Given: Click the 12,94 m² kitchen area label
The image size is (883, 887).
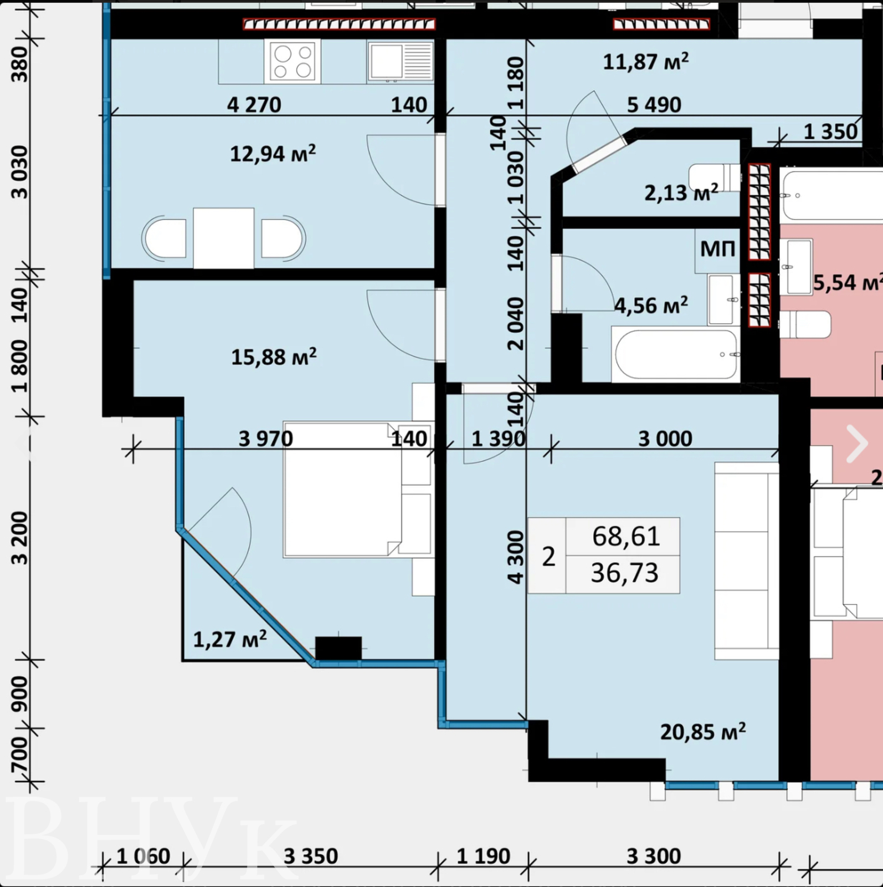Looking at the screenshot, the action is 273,154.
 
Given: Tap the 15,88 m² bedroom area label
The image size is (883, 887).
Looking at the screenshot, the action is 274,357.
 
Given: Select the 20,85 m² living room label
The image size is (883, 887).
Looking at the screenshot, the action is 703,732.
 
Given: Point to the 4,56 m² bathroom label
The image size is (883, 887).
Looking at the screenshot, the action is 651,305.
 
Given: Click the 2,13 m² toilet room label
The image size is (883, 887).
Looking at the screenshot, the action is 681,192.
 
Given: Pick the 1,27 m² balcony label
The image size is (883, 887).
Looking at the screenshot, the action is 230,639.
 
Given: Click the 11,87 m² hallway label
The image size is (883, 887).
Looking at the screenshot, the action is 646,62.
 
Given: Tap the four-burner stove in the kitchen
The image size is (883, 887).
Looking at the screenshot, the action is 292,62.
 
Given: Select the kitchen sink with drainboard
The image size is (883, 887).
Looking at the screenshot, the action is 400,62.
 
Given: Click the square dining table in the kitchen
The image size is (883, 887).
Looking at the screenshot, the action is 224,238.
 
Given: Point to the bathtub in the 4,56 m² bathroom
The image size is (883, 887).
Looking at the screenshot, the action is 676,354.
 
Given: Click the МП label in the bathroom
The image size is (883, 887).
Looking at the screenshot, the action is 717,249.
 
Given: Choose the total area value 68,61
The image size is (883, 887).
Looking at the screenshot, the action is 626,536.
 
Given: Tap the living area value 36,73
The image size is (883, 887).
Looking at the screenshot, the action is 624,573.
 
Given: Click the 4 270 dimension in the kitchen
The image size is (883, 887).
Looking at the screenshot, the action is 254,105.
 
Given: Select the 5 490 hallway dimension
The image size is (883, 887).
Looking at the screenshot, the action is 654,105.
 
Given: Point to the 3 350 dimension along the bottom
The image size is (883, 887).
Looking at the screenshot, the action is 311,857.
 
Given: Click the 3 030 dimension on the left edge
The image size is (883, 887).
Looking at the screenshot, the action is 19,172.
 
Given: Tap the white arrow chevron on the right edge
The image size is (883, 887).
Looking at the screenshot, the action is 856,443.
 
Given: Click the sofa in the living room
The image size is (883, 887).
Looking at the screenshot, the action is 747,561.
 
